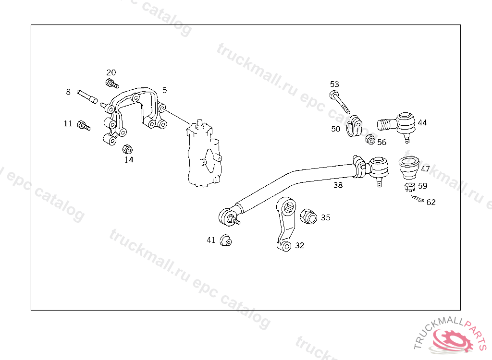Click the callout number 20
(111, 72)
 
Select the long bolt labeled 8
(87, 96)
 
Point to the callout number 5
(164, 90)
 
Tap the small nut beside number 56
(370, 140)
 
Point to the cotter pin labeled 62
(418, 199)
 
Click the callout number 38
(338, 185)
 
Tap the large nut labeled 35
(308, 217)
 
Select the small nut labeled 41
(225, 240)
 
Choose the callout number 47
(425, 169)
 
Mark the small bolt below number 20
(112, 84)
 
